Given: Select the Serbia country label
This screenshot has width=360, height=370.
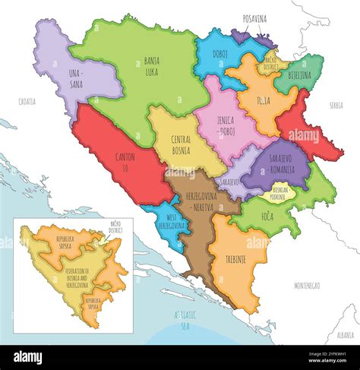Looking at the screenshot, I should tap(336, 106).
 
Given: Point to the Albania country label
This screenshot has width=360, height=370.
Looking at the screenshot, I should tap(344, 333).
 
